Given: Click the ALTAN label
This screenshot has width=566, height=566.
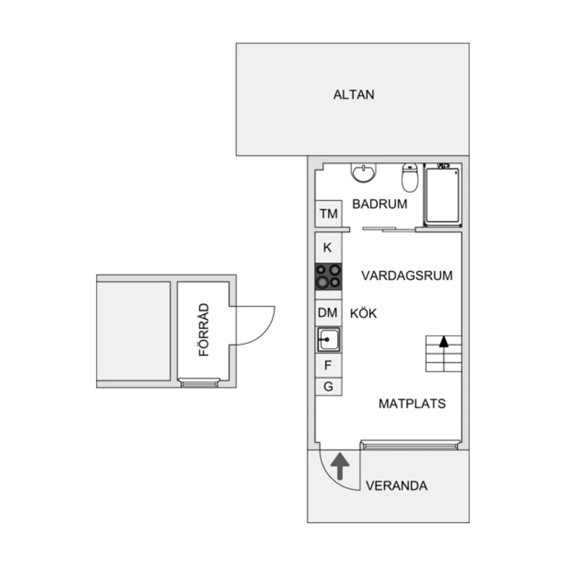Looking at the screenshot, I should point(353,95).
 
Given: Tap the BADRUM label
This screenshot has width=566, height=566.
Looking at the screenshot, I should point(379,204).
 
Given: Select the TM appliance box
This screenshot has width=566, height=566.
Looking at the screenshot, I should point(329,214).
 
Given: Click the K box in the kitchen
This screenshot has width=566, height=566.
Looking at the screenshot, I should point(328,248).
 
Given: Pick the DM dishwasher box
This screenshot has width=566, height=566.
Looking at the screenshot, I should point(328,313).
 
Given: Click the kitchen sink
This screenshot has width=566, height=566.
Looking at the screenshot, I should point(328,339).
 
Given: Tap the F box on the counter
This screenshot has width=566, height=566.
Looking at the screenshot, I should point(328,365).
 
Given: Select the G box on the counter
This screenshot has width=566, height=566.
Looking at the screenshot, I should point(328,387).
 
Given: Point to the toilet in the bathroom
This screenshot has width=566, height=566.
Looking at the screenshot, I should point(410,178).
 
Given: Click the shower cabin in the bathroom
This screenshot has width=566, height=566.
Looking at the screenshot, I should point(443,194).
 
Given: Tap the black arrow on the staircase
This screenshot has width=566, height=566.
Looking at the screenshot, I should point(444,340).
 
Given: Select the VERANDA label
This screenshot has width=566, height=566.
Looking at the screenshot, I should point(397,486).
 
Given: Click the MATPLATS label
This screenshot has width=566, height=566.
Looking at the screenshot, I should point(412,403).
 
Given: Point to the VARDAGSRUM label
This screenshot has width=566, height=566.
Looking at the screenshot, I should point(407,276).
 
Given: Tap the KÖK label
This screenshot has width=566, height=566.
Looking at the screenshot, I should point(364,313).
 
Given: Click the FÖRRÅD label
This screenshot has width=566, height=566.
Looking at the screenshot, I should point(203,330).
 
